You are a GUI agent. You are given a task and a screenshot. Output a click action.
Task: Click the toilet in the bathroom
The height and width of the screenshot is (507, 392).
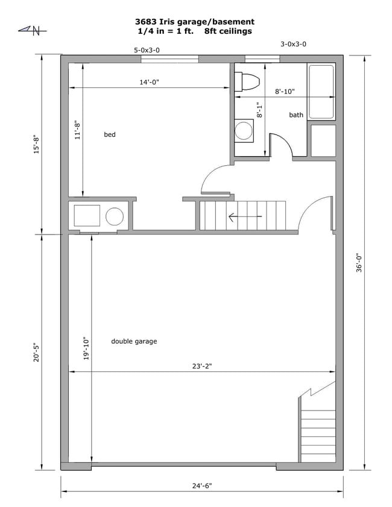245,81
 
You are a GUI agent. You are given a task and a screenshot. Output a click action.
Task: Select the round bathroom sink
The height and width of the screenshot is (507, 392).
244,131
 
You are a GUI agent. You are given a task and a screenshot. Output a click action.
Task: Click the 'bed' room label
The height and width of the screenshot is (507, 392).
109,134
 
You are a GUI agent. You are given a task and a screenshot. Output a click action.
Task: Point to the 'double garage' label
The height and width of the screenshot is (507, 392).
134,341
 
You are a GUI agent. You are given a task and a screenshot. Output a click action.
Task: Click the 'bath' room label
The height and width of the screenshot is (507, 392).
296,115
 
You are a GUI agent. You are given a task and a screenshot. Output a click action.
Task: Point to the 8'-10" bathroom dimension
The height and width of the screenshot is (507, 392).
284,92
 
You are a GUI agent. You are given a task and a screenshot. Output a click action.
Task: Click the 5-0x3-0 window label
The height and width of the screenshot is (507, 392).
147,51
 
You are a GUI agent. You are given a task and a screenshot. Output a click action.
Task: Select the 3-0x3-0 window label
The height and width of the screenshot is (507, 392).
293,44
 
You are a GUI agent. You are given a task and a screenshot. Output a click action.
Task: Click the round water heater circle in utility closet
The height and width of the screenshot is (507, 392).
114,216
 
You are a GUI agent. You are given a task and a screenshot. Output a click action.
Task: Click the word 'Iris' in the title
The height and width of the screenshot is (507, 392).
176,22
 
